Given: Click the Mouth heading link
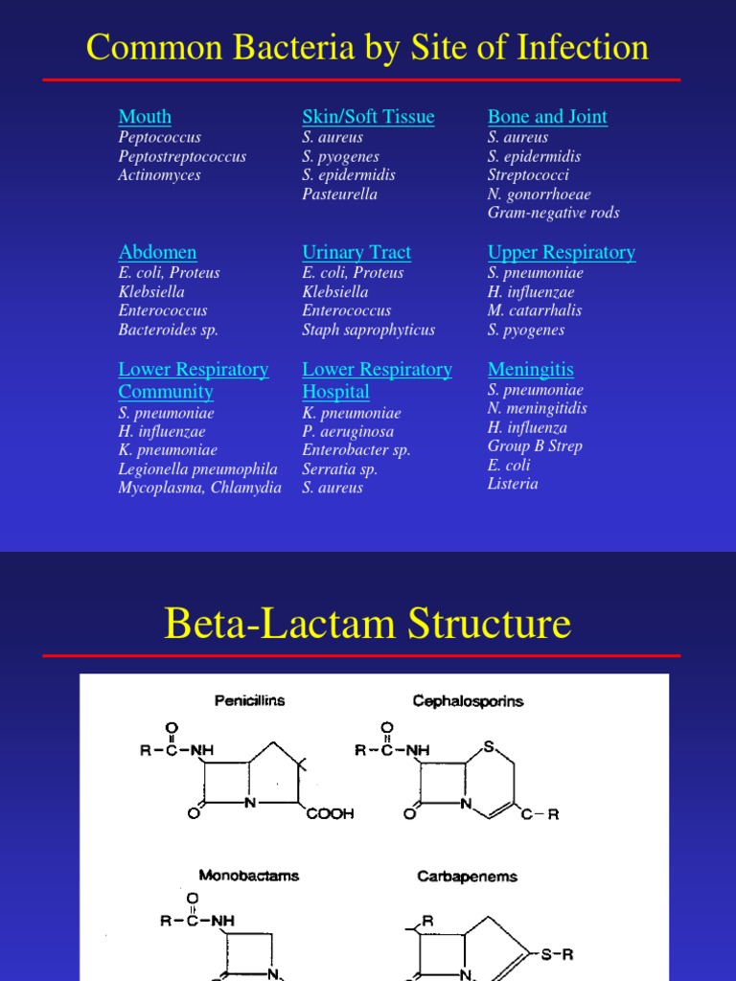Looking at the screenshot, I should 145,117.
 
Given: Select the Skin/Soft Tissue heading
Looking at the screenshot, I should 368,117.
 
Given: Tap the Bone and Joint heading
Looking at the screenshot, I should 547,117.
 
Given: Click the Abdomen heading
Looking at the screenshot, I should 157,252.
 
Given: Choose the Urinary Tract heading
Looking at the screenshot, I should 356,252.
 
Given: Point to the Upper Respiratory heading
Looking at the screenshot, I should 562,252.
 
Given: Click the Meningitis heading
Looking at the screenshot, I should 531,369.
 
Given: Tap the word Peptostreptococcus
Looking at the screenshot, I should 182,156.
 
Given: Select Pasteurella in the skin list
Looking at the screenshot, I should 339,194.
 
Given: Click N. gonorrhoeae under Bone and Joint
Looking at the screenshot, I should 539,194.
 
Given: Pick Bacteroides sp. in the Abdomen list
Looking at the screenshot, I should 169,330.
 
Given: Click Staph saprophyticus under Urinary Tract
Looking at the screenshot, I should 368,330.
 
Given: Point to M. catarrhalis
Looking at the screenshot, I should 534,310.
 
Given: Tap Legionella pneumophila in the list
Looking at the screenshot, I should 197,469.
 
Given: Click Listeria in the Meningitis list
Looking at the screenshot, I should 513,484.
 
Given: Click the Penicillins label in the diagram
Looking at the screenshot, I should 249,700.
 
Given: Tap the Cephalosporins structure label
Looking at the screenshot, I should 468,700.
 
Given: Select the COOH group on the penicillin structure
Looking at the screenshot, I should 330,813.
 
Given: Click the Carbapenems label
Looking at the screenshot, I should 468,876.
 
